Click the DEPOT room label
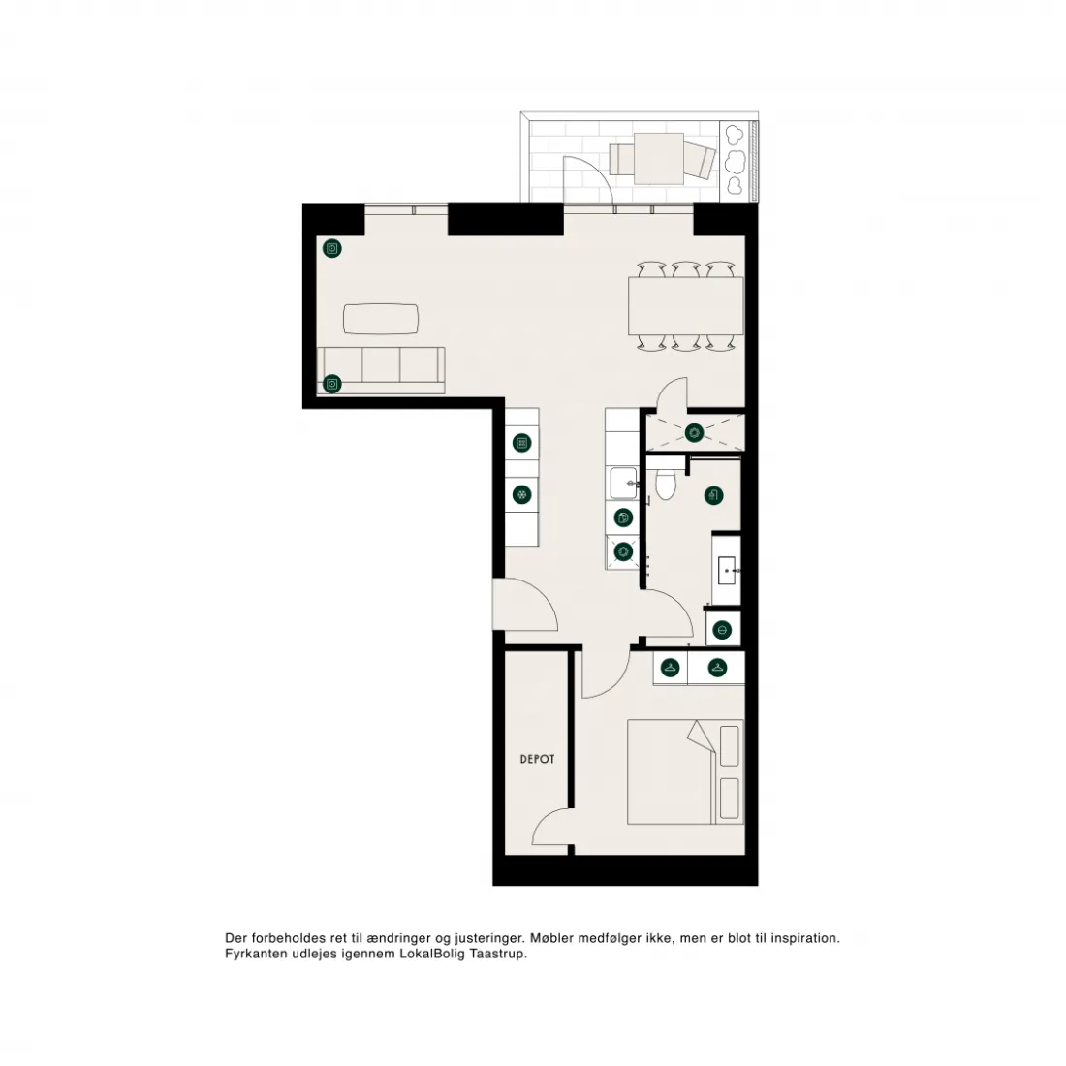[537, 759]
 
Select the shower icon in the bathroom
[713, 495]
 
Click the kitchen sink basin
[623, 483]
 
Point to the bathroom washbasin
[727, 571]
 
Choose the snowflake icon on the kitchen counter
[521, 494]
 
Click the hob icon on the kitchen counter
[521, 443]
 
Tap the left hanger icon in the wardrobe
[671, 668]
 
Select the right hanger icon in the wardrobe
[716, 668]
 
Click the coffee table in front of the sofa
[381, 319]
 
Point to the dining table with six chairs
[686, 305]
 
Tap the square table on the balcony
[659, 158]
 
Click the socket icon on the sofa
[331, 384]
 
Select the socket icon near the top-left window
[331, 249]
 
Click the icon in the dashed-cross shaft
[694, 432]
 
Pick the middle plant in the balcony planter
[735, 162]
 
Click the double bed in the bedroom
[685, 771]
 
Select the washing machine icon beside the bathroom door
[623, 551]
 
